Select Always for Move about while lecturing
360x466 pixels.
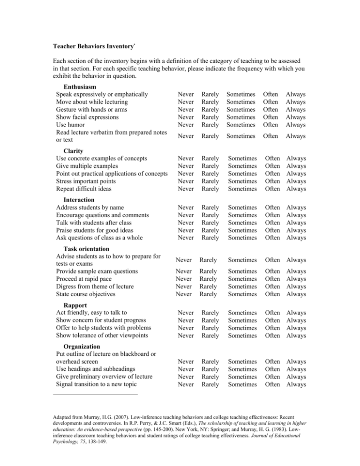pyautogui.click(x=296, y=102)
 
